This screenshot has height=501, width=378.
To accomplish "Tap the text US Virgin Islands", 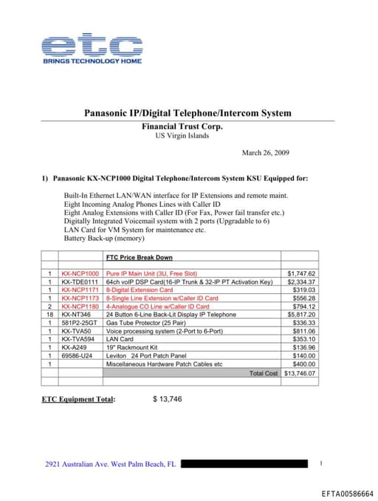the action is (182, 136).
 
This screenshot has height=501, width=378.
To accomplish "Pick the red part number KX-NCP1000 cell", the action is (80, 273).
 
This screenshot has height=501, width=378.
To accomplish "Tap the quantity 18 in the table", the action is (49, 315).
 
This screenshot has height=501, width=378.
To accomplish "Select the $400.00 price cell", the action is (303, 364).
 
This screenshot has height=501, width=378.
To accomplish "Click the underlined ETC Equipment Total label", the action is (79, 399).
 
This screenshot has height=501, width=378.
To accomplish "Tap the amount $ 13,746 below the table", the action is (168, 399).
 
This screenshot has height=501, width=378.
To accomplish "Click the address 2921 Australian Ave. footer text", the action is (110, 464).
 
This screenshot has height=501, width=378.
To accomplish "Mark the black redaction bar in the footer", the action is (244, 464).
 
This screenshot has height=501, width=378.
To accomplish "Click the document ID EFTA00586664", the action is (347, 493).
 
